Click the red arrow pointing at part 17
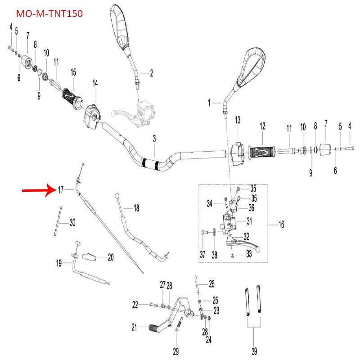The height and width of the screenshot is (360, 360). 38,190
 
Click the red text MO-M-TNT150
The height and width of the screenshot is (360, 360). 49,14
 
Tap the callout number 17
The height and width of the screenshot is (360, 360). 61,190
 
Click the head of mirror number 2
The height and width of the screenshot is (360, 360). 120,27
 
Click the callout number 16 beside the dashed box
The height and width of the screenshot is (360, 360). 281,224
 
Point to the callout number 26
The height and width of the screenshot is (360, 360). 211,284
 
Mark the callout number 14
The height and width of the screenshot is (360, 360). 95,83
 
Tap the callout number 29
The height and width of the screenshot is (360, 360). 176,351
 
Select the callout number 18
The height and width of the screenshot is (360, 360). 136,208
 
